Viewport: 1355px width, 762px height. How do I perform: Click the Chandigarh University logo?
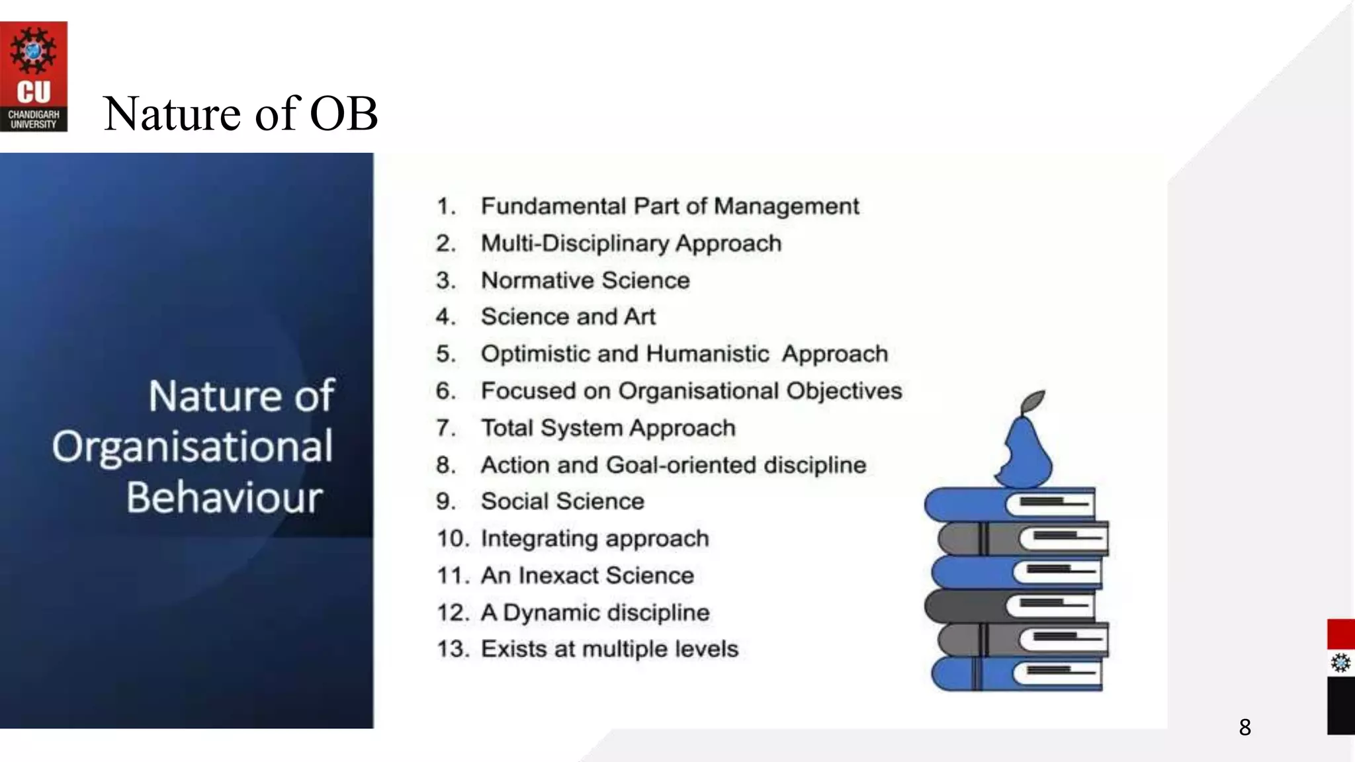tap(33, 76)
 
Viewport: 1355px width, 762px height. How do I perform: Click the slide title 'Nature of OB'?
tap(240, 114)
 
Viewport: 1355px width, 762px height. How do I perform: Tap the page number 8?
tap(1245, 728)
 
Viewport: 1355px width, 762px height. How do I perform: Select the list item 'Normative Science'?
tap(585, 280)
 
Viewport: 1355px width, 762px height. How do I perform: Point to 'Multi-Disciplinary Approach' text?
tap(631, 243)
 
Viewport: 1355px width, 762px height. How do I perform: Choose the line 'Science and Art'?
tap(568, 317)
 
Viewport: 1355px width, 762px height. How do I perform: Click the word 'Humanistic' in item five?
tap(707, 354)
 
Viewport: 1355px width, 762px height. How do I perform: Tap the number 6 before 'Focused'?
tap(445, 391)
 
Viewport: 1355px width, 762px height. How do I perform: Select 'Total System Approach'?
tap(607, 428)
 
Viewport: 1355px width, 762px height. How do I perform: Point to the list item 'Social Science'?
tap(562, 501)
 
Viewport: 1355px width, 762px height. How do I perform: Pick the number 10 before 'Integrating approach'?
tap(452, 538)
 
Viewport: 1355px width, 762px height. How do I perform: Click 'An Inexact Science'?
tap(587, 575)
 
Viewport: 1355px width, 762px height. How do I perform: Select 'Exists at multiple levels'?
tap(609, 649)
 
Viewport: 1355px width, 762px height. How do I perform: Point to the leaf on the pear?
tap(1033, 400)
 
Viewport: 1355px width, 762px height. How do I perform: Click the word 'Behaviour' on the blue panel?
tap(224, 497)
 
